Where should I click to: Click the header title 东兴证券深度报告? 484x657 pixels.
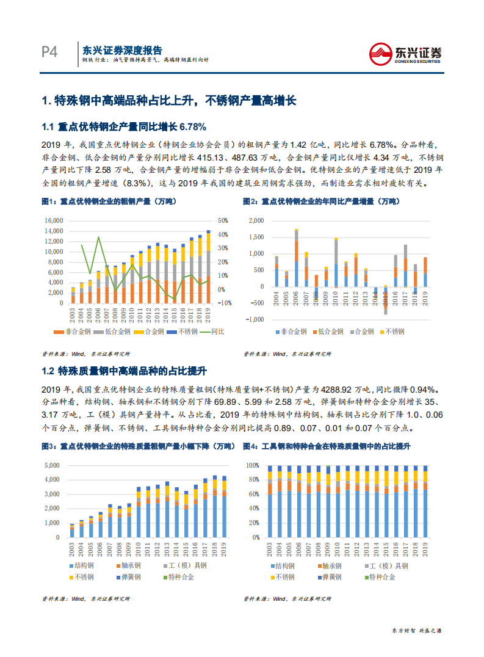(122, 50)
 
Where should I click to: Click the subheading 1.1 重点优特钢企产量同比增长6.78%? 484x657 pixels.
(124, 127)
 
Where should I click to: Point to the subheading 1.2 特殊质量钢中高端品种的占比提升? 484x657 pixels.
(124, 371)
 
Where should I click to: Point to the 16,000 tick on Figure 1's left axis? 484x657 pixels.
(54, 220)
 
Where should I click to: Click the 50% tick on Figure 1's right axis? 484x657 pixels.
(223, 220)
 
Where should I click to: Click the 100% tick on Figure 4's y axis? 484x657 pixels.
(253, 465)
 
